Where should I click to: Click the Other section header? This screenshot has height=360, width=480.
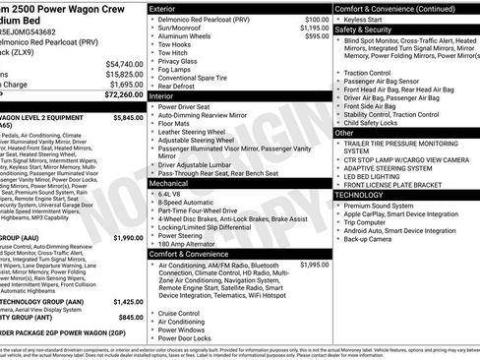pyautogui.click(x=344, y=132)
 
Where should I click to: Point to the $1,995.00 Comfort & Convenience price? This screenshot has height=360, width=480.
pyautogui.click(x=315, y=265)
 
